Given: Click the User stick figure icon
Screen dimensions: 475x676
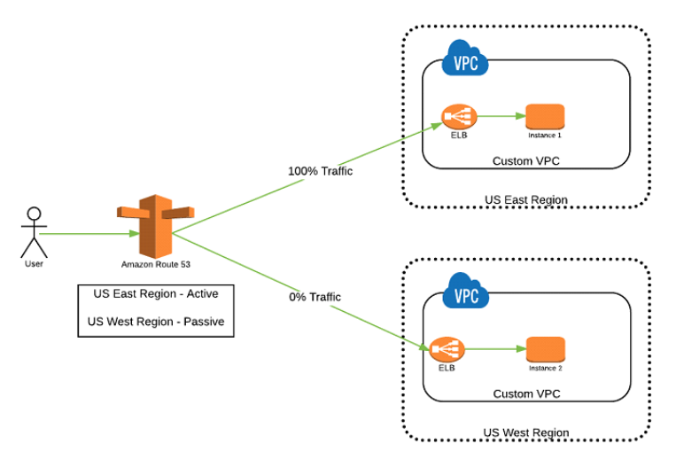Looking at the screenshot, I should (34, 231).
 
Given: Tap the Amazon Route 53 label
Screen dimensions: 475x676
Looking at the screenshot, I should (155, 264).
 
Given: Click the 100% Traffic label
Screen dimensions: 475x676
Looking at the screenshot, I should (320, 170).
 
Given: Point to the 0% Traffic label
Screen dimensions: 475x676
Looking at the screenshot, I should (315, 297).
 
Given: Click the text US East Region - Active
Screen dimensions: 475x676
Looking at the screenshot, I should (155, 293).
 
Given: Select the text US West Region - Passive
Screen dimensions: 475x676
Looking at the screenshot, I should (155, 322).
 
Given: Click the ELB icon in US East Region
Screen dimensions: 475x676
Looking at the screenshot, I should (458, 116).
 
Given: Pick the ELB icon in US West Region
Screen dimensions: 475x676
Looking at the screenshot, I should (447, 349).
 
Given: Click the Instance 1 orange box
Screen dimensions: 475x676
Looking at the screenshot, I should (545, 116).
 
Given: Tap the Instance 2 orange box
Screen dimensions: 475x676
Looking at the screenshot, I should (545, 348).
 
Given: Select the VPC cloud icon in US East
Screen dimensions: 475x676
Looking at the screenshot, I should (464, 62).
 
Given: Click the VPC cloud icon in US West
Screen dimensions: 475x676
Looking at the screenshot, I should (464, 294).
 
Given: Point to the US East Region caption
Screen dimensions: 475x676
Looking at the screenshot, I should (526, 200).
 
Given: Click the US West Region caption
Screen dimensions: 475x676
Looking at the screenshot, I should (526, 432).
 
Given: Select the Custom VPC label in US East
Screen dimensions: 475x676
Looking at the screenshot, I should (526, 161).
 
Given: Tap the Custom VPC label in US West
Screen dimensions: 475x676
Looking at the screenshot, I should (526, 393).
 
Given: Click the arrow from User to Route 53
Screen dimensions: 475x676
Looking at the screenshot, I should (89, 234).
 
